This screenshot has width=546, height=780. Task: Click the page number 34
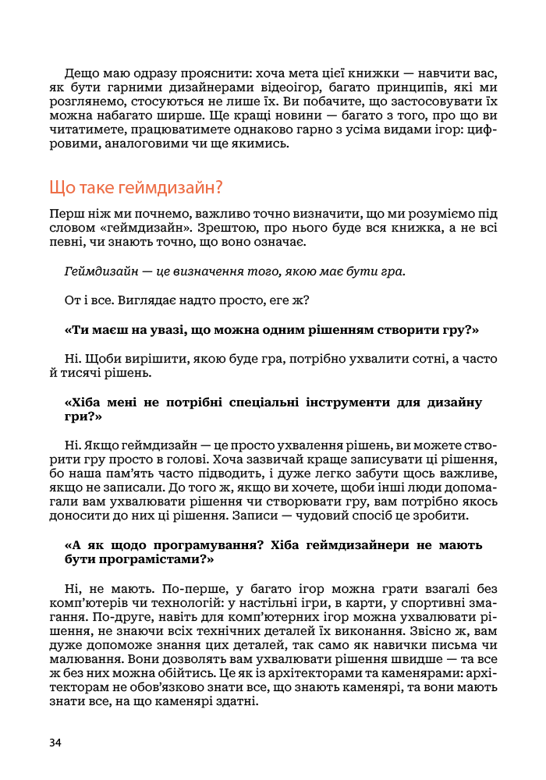(55, 742)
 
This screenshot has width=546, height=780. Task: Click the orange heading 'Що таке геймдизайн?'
(136, 187)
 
